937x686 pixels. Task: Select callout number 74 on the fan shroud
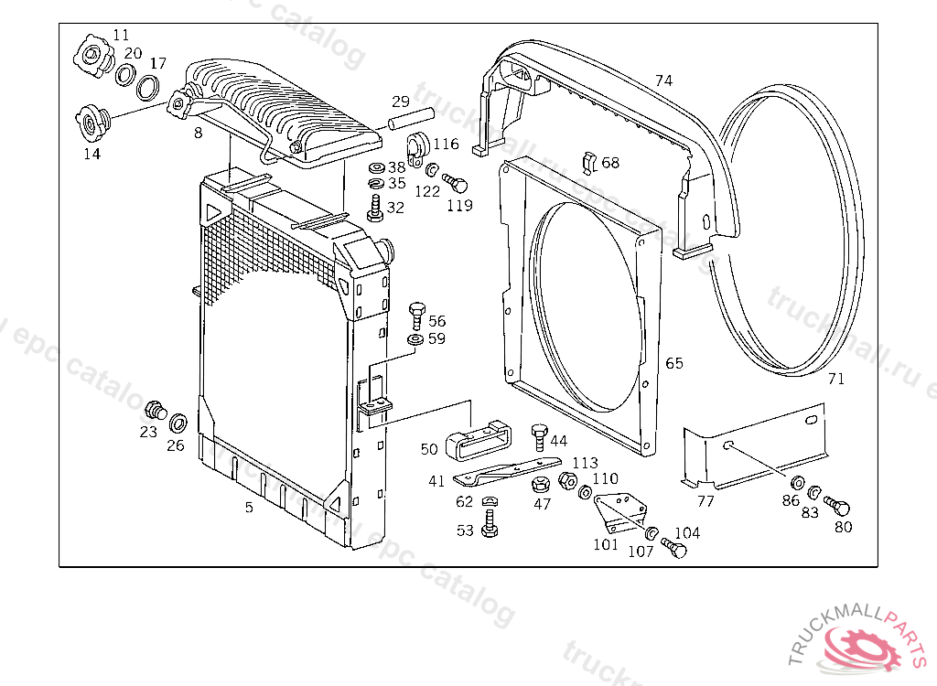pyautogui.click(x=663, y=80)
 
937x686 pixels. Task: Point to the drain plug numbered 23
pyautogui.click(x=155, y=409)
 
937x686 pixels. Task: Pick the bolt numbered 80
pyautogui.click(x=837, y=505)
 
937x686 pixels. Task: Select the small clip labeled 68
pyautogui.click(x=590, y=162)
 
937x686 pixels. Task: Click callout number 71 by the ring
pyautogui.click(x=836, y=379)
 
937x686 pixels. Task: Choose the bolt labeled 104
pyautogui.click(x=673, y=549)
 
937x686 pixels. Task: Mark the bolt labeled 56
pyautogui.click(x=416, y=314)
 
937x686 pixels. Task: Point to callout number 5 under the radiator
pyautogui.click(x=249, y=507)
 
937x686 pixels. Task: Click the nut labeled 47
pyautogui.click(x=542, y=483)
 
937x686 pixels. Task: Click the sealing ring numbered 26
pyautogui.click(x=178, y=423)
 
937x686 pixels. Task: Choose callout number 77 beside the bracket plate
pyautogui.click(x=705, y=500)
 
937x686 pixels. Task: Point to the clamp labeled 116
pyautogui.click(x=418, y=146)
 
